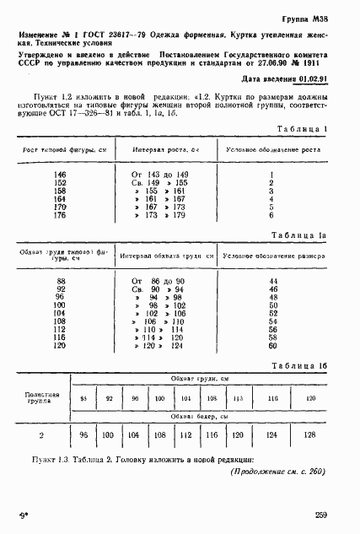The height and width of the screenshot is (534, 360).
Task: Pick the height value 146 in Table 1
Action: pos(60,174)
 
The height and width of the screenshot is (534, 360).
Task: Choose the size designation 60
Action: pos(272,345)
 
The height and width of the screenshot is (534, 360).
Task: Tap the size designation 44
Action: pos(272,280)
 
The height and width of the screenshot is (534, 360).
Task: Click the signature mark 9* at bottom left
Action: pos(20,514)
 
